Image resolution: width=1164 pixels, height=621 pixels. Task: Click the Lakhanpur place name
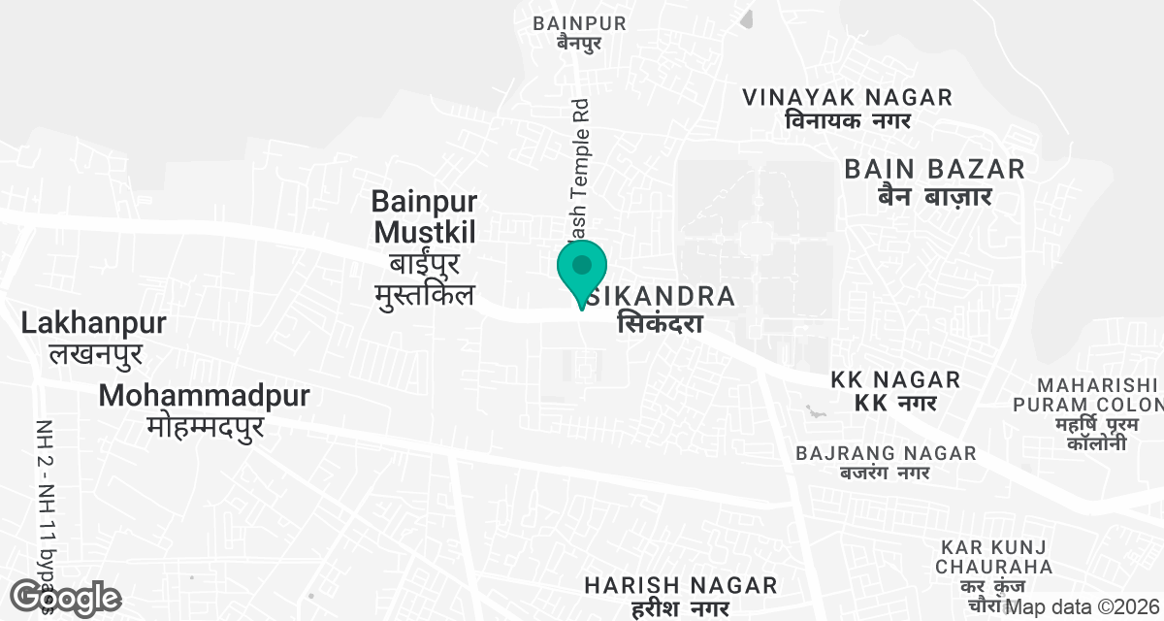[93, 323]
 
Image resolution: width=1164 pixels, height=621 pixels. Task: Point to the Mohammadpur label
[204, 396]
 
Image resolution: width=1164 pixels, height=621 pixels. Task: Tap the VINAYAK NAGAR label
[847, 97]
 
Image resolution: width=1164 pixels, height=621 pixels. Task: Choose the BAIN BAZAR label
[934, 169]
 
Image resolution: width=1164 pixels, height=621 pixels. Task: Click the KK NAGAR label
[895, 379]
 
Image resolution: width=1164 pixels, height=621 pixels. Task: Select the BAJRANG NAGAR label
[885, 453]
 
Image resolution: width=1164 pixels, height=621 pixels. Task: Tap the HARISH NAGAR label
[680, 585]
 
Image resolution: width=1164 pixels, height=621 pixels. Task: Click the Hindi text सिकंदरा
[660, 324]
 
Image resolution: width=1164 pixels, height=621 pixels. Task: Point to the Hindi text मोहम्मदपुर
[206, 426]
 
